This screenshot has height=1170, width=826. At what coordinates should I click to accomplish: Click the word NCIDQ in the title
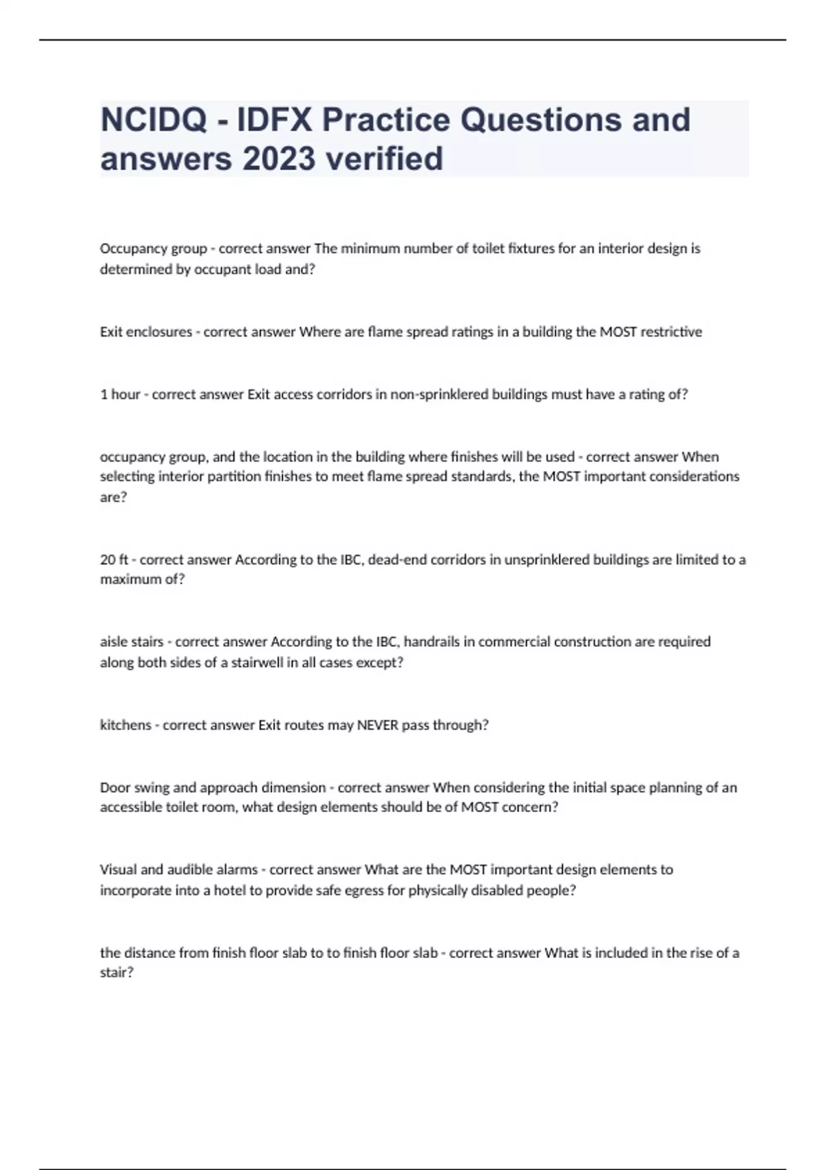click(x=153, y=120)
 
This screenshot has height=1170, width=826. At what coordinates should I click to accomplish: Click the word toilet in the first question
click(x=487, y=248)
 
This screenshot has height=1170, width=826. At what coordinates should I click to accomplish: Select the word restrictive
click(x=671, y=332)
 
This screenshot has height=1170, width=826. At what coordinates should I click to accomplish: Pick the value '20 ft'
click(x=115, y=560)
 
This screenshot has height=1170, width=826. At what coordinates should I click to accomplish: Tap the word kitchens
click(x=125, y=725)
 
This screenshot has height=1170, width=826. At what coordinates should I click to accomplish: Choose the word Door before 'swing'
click(x=115, y=787)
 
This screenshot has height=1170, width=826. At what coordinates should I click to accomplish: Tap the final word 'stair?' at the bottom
click(x=116, y=972)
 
